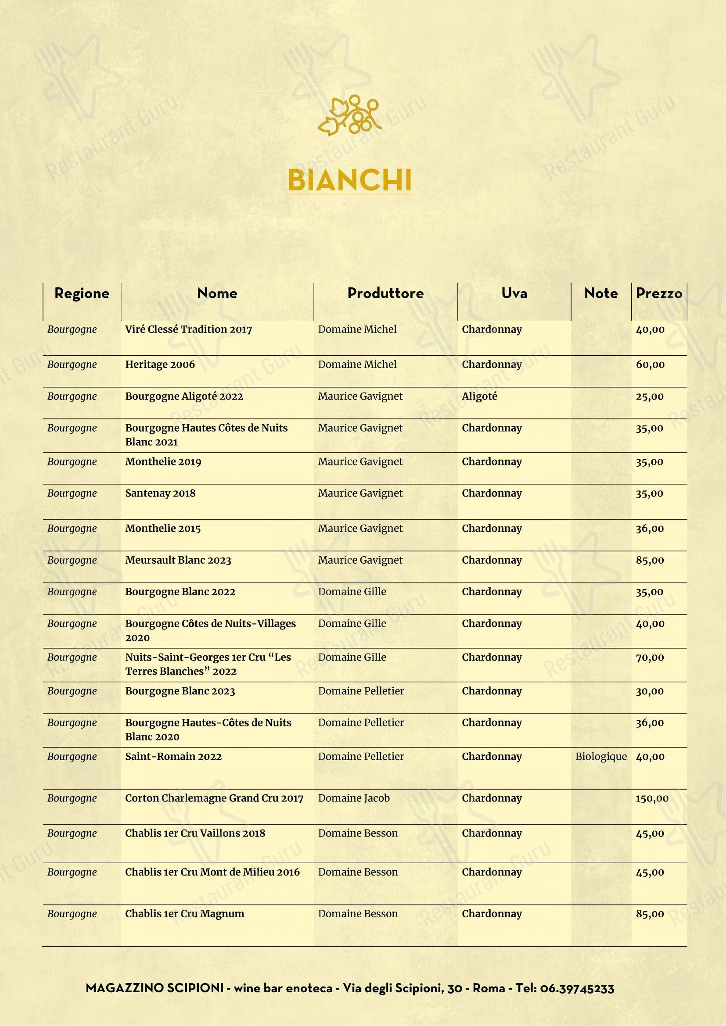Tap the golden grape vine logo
click(349, 115)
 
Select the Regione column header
click(82, 293)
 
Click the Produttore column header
click(385, 293)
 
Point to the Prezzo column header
click(659, 293)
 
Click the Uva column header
click(514, 293)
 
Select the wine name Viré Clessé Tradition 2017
click(189, 329)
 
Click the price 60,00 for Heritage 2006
click(650, 365)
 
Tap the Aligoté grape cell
click(479, 397)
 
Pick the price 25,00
click(650, 397)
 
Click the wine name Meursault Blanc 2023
click(178, 560)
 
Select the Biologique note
click(601, 757)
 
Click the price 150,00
click(652, 798)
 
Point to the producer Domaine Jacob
click(354, 798)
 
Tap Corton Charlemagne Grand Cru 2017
click(214, 798)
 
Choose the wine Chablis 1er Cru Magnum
click(185, 914)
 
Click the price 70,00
click(650, 658)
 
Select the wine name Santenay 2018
click(160, 493)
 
